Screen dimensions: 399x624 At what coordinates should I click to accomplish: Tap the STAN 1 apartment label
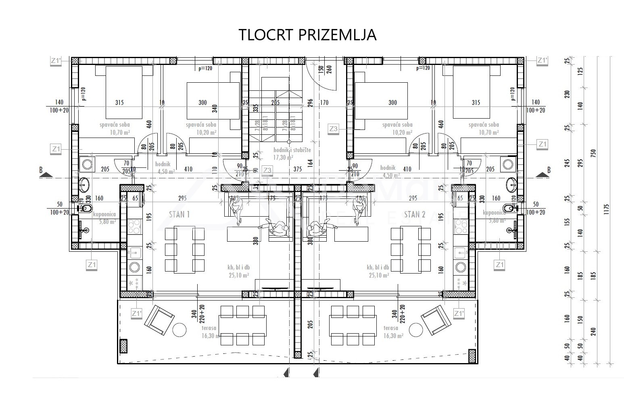pos(179,214)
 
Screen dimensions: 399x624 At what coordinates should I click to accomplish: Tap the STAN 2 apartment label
pos(415,214)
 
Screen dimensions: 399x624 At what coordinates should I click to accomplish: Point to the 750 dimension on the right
pos(593,154)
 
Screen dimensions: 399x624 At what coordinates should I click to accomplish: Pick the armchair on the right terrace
pos(437,321)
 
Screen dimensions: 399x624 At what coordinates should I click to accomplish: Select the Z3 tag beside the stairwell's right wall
pos(333,129)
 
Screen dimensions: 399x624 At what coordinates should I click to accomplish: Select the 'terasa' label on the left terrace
pos(209,328)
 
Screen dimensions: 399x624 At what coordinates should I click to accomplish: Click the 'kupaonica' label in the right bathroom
pos(495,213)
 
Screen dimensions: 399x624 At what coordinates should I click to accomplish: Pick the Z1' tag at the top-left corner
pos(56,61)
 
